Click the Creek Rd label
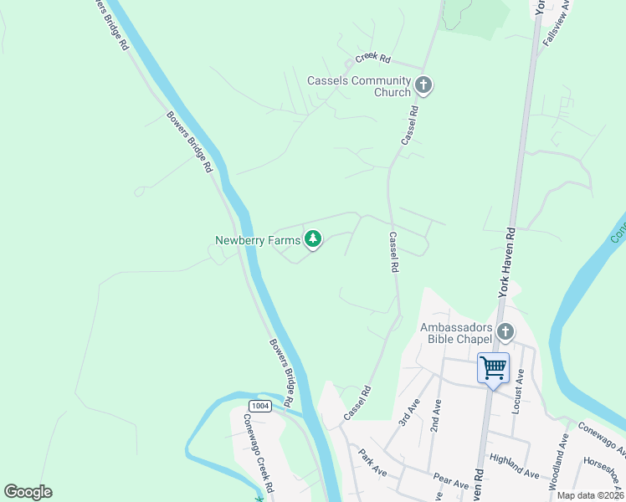(x=373, y=58)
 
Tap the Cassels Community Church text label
(x=359, y=86)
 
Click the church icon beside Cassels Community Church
(x=423, y=85)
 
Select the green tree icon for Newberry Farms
(x=313, y=240)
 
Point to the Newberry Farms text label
(x=257, y=241)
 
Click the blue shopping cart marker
(x=493, y=368)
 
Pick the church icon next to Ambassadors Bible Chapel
(x=505, y=332)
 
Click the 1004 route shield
(x=260, y=406)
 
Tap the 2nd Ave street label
(x=436, y=413)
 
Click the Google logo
(x=28, y=492)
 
